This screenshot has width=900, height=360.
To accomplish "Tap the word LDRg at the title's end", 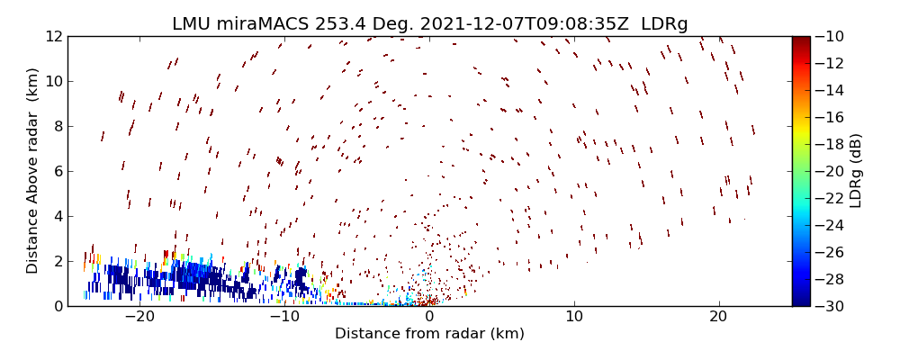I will coord(664,24).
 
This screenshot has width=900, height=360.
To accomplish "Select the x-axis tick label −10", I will coord(284,318).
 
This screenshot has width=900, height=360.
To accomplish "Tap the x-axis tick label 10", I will coord(573,318).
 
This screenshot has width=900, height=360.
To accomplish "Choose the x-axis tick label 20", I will coord(718,318).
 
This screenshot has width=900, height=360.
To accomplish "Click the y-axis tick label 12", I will coord(52,37).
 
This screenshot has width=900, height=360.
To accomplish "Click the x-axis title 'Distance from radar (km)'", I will coord(429,334).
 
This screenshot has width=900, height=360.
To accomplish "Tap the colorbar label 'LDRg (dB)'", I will coord(855,171).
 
